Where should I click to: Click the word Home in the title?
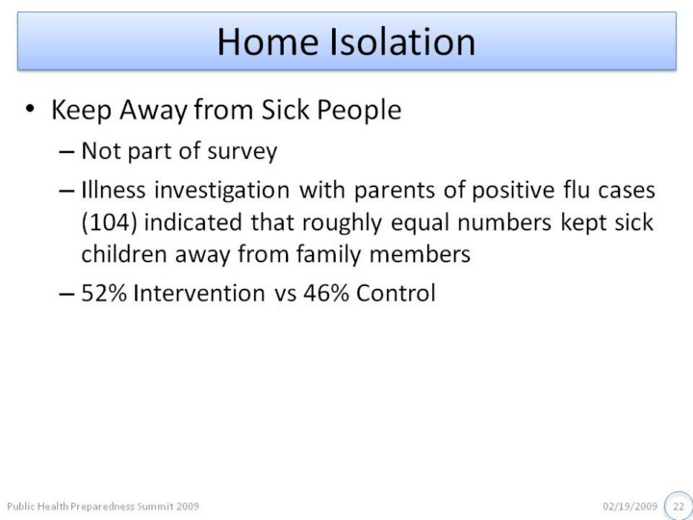268,41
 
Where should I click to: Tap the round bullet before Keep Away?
30,109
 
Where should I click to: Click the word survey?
243,152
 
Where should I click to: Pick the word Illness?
114,190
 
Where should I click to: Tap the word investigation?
222,191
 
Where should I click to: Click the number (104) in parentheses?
110,222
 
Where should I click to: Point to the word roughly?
342,223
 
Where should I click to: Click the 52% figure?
104,293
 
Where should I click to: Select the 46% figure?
326,293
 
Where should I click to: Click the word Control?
396,293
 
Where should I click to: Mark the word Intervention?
199,293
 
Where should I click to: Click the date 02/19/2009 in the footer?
629,506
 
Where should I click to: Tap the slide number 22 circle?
678,506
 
